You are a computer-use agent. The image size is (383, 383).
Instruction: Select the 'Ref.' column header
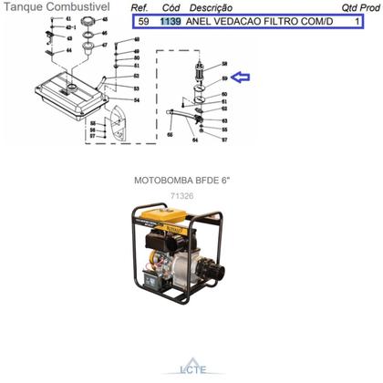coord(141,7)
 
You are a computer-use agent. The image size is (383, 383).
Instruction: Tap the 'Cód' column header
coord(170,7)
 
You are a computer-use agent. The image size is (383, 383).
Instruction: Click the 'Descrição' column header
coord(211,7)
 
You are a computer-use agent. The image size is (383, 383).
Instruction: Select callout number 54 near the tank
coord(135,100)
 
